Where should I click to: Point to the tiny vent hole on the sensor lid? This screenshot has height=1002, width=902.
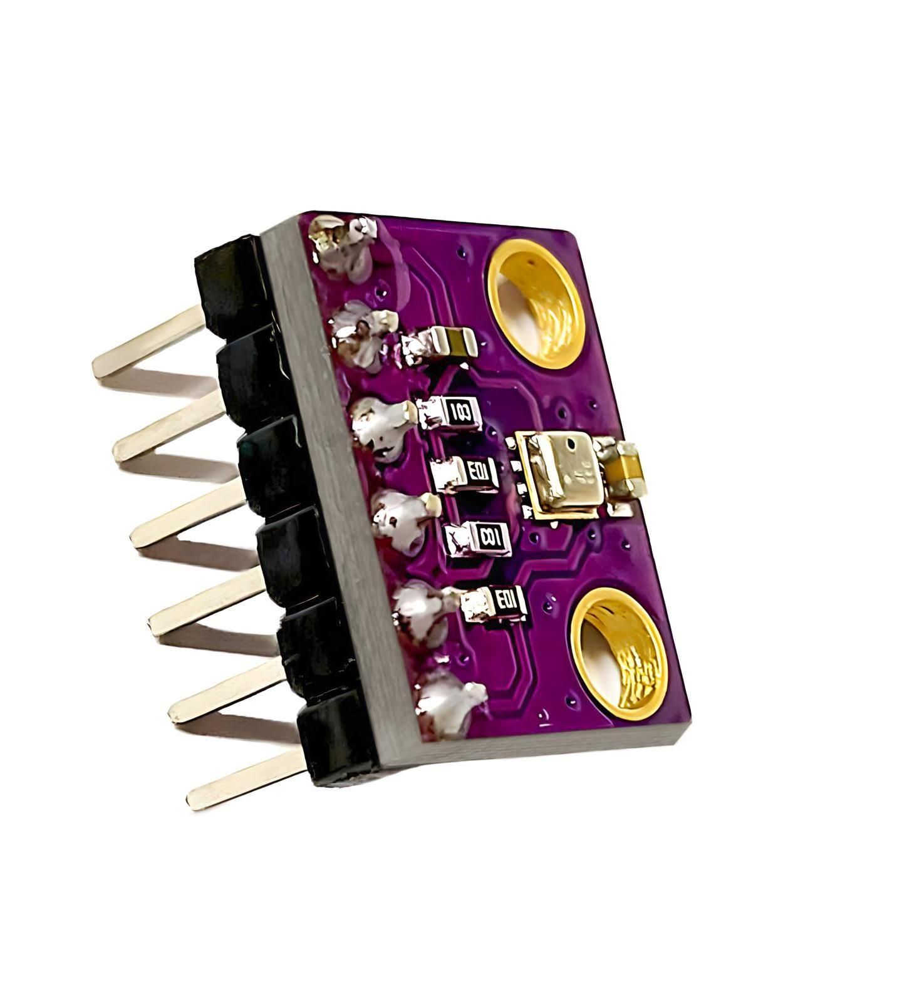(x=571, y=444)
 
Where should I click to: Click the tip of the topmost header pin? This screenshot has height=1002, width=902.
(x=100, y=366)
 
